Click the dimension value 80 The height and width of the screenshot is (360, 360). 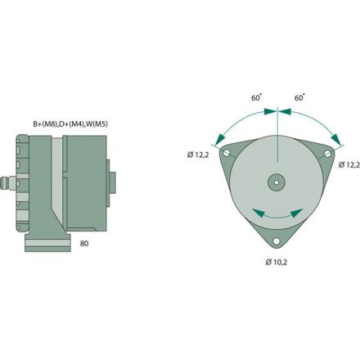pos(85,243)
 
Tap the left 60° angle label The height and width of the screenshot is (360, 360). pos(257,97)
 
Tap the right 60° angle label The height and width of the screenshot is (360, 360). pos(299,97)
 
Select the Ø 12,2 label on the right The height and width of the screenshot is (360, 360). pos(349,164)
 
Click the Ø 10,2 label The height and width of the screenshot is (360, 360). pos(277,263)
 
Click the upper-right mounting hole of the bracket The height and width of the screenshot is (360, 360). pos(327,152)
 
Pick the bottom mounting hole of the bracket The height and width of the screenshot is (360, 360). pos(277,239)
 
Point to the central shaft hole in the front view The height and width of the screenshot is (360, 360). pos(277,182)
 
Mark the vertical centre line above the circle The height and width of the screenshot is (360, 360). pos(278,119)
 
